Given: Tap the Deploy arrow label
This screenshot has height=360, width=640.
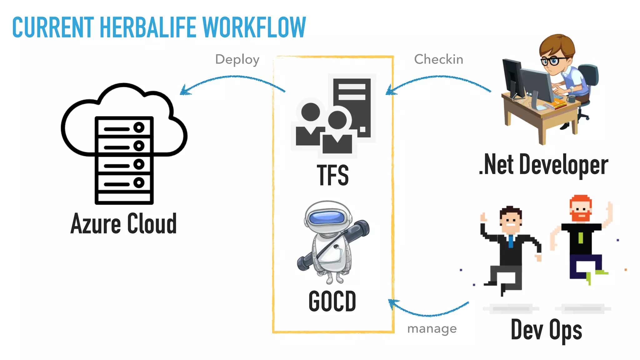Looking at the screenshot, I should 237,59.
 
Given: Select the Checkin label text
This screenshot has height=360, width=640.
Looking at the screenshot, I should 438,59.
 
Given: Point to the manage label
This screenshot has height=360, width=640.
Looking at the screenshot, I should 432,328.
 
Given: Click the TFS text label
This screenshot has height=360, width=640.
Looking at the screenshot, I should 333,175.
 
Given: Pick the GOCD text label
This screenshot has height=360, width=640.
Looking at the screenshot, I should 332,301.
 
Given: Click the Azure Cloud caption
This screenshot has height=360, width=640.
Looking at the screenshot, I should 123,224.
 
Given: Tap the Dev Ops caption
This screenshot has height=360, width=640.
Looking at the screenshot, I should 546,330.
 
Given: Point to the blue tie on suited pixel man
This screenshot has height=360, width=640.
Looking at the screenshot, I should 511,241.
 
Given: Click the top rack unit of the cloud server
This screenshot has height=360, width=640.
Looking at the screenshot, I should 124,127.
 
